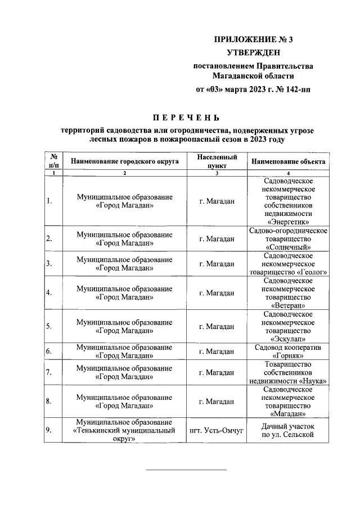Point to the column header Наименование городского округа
(x=124, y=161)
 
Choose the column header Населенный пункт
(x=217, y=161)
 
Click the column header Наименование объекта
(x=288, y=161)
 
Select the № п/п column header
(x=54, y=161)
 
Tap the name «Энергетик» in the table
(x=288, y=222)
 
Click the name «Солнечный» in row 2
(x=288, y=247)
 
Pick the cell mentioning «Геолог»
(x=288, y=263)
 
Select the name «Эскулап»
(x=288, y=339)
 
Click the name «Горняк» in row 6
(x=288, y=356)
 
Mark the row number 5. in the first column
(x=49, y=326)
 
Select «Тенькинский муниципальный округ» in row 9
(x=124, y=431)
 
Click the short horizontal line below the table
(x=186, y=469)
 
